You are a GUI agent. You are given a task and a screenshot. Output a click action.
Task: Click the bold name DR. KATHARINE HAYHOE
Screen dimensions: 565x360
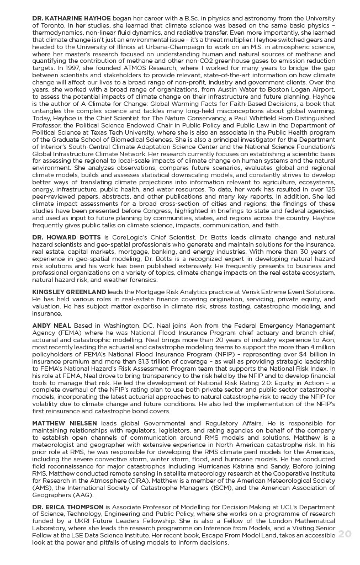point(71,18)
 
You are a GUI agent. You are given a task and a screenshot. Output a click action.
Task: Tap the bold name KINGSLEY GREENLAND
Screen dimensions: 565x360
point(69,291)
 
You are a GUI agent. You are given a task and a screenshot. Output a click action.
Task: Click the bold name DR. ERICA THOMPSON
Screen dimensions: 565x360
point(68,507)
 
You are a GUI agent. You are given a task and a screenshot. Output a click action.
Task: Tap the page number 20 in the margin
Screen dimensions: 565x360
point(345,534)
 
